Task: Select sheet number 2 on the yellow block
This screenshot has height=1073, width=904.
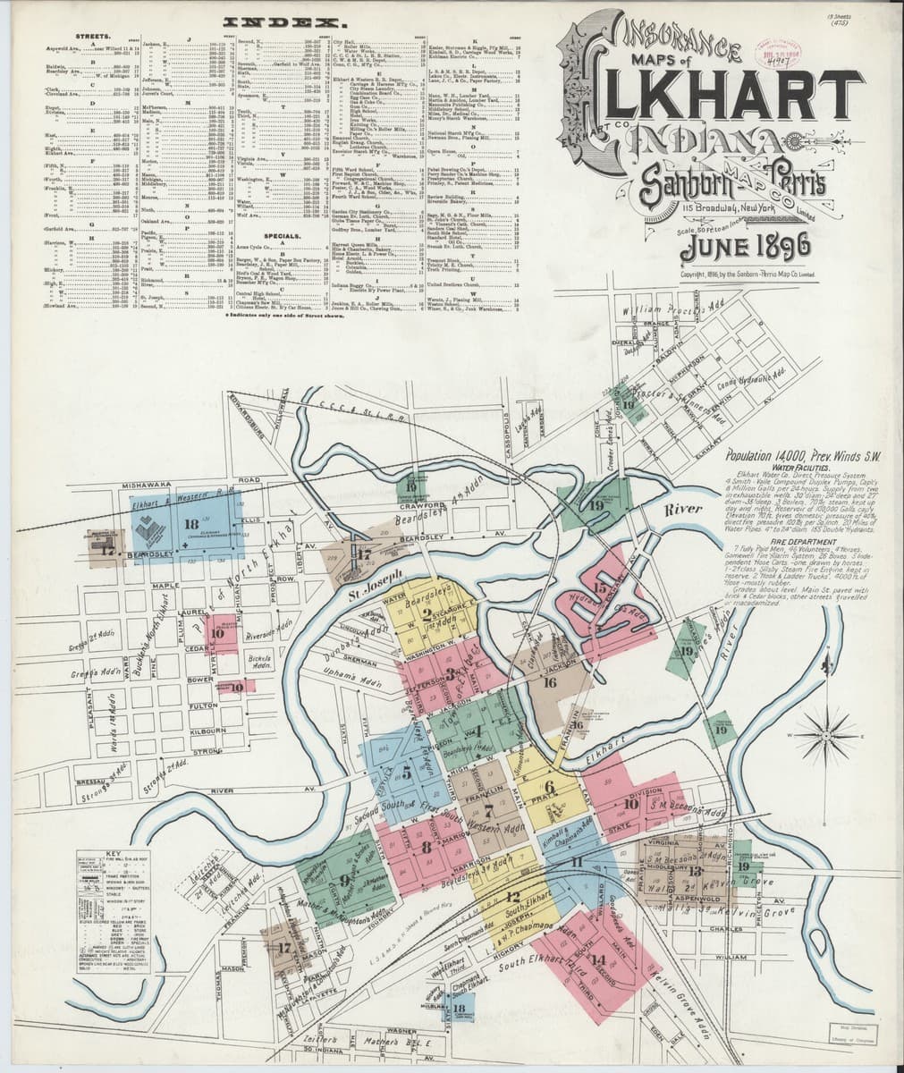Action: coord(426,612)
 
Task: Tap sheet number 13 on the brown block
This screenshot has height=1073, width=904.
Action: coord(694,869)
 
